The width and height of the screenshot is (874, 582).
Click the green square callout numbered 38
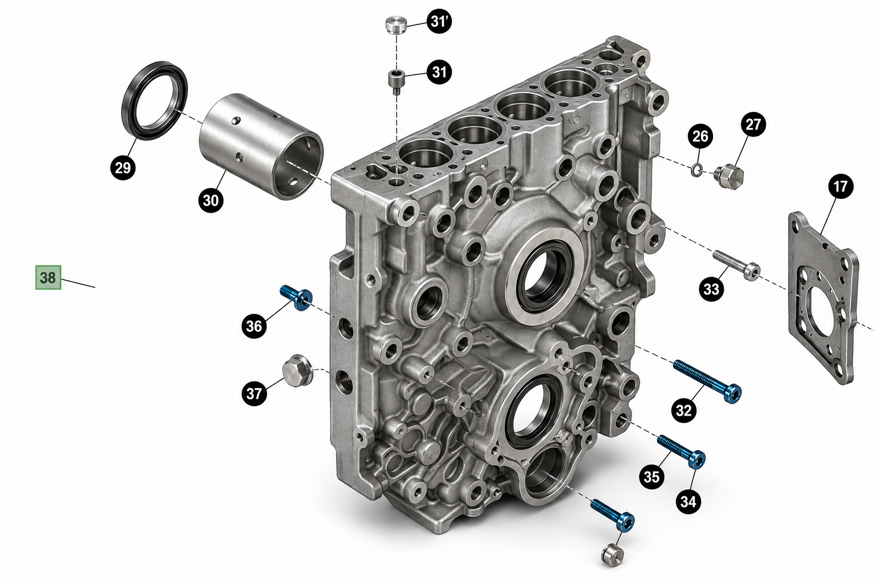click(48, 277)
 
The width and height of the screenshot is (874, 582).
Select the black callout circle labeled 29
click(123, 168)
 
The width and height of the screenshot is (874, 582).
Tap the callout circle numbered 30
click(211, 201)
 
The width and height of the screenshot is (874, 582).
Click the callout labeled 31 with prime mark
click(439, 22)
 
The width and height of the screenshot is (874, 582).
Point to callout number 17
click(840, 186)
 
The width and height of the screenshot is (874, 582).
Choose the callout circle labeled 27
click(753, 124)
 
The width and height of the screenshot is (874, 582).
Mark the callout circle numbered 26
click(700, 136)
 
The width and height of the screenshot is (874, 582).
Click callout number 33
click(711, 289)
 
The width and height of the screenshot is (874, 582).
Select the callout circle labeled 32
click(684, 410)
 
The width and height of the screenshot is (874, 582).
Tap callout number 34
click(688, 501)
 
